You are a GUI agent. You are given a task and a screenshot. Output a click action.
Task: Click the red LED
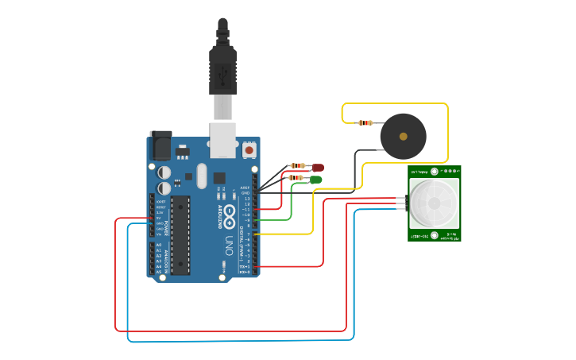pyautogui.click(x=318, y=167)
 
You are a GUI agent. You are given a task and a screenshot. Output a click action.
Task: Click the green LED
pyautogui.click(x=315, y=180)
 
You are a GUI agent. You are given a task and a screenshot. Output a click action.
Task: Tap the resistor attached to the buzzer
pyautogui.click(x=365, y=122)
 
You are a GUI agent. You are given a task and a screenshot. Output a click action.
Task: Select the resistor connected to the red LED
pyautogui.click(x=298, y=165)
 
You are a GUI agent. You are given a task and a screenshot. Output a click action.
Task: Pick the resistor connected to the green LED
pyautogui.click(x=296, y=178)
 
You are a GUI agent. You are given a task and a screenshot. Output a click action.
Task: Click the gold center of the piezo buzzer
pyautogui.click(x=404, y=137)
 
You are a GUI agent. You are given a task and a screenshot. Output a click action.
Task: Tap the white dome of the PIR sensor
pyautogui.click(x=434, y=203)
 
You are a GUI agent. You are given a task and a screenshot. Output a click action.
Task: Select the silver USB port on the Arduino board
pyautogui.click(x=222, y=138)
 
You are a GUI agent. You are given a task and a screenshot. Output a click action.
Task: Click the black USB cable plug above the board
pyautogui.click(x=222, y=68)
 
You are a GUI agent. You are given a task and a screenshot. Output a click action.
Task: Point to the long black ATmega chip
pyautogui.click(x=180, y=234)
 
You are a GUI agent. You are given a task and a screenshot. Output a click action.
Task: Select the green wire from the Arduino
pyautogui.click(x=291, y=203)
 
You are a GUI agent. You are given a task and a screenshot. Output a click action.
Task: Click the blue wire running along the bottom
pyautogui.click(x=238, y=341)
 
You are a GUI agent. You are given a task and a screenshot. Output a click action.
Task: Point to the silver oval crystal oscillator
pyautogui.click(x=201, y=176)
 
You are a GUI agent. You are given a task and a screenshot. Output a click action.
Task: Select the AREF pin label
pyautogui.click(x=245, y=188)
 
